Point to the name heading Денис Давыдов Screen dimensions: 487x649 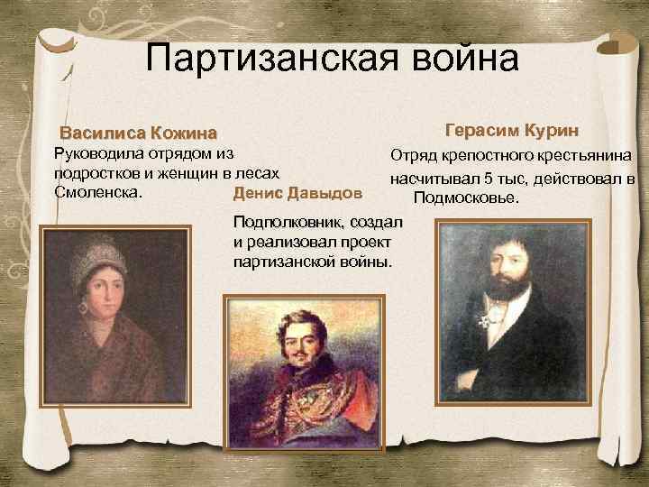click(x=297, y=193)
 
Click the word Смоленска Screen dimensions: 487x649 click(x=96, y=190)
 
